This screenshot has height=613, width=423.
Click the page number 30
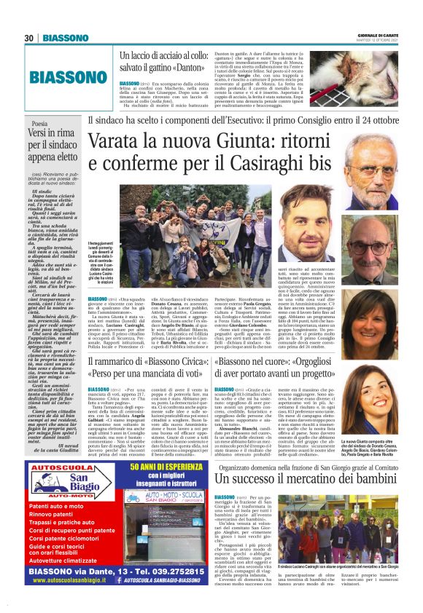(30, 38)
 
